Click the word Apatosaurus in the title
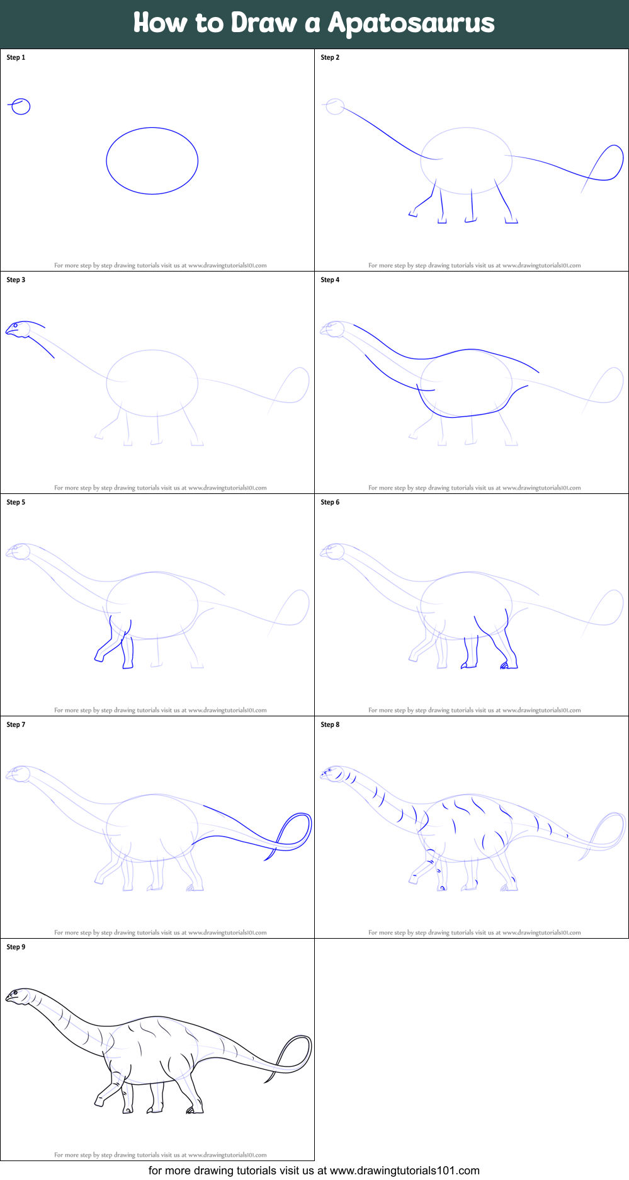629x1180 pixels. click(x=411, y=23)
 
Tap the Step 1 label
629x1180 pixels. click(x=16, y=57)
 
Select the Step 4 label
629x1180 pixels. click(x=330, y=280)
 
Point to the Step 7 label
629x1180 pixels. click(x=16, y=725)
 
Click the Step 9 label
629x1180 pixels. click(x=16, y=947)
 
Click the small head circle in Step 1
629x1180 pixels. click(x=21, y=106)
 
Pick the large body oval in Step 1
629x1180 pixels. click(x=152, y=161)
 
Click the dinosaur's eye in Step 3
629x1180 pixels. click(x=16, y=326)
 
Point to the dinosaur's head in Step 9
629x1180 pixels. click(x=19, y=996)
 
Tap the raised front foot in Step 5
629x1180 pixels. click(x=99, y=658)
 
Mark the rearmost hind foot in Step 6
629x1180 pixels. click(x=509, y=665)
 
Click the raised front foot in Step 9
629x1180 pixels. click(x=99, y=1101)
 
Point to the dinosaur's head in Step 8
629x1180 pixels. click(x=332, y=773)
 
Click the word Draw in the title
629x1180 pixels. click(x=264, y=23)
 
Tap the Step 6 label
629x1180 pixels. click(x=330, y=502)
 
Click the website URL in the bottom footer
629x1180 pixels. click(x=404, y=1171)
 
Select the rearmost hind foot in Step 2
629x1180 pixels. click(x=511, y=221)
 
